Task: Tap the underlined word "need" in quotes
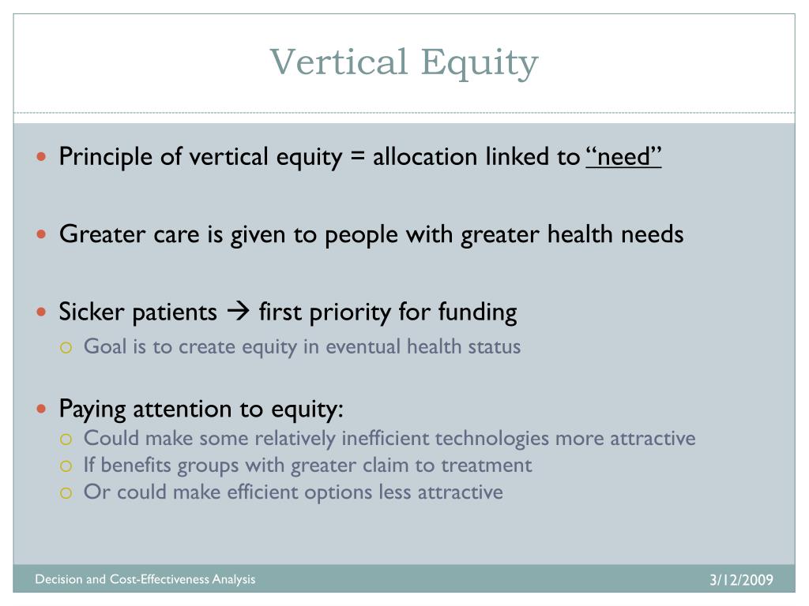[x=623, y=157]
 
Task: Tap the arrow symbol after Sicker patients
[x=237, y=312]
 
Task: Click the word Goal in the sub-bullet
[x=105, y=346]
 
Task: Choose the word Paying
[x=92, y=409]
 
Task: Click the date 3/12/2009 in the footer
[x=741, y=581]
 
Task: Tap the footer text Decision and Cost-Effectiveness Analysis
[x=145, y=579]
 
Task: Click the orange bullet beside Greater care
[x=43, y=234]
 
